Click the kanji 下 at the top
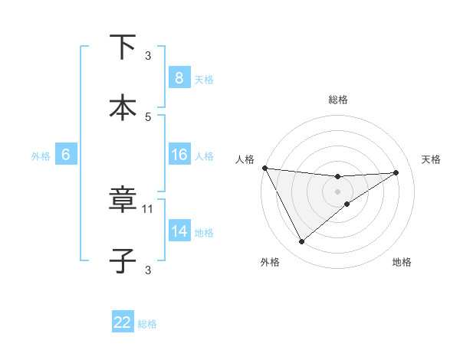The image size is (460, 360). [123, 47]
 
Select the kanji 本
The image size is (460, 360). [123, 107]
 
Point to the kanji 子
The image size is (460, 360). [123, 261]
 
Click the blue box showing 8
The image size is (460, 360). [179, 78]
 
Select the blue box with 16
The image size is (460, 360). [179, 155]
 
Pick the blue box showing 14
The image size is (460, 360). [179, 231]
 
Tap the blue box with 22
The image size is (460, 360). [123, 322]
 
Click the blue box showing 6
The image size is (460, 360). [66, 155]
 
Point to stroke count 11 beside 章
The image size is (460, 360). [149, 208]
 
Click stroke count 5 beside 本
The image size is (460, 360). [149, 116]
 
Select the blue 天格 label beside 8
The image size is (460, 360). [204, 79]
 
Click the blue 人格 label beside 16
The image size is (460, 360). [204, 155]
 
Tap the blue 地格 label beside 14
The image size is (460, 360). [204, 232]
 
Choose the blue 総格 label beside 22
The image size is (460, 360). [147, 323]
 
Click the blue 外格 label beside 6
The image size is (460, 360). [41, 155]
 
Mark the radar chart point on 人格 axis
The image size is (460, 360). [264, 168]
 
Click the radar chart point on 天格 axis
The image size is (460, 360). [396, 172]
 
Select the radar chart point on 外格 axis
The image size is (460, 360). [301, 242]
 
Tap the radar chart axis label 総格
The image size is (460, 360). [338, 100]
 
